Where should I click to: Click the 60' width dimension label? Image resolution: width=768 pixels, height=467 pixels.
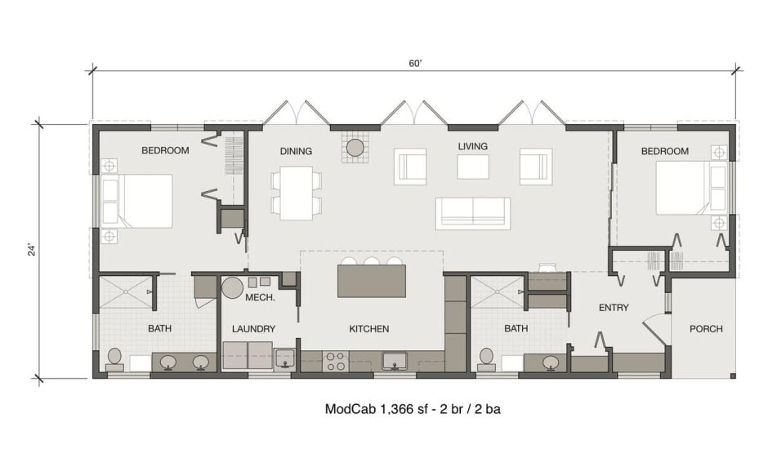click(415, 64)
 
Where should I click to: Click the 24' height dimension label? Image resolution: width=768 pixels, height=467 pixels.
click(33, 250)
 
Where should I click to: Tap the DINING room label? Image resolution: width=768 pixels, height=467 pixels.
click(296, 151)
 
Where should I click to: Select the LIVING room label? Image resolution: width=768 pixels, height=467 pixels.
click(473, 146)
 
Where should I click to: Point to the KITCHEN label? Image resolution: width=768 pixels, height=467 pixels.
click(368, 329)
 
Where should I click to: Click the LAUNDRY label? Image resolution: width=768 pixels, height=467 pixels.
click(253, 329)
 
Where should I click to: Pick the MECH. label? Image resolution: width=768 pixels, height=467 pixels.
click(260, 297)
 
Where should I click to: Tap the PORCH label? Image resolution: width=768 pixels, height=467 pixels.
click(706, 329)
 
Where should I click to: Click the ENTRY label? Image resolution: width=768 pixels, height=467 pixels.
click(614, 308)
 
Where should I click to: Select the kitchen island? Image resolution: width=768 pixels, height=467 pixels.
click(371, 281)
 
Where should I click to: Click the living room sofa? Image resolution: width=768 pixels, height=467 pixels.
click(473, 213)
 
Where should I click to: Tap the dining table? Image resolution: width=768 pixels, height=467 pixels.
click(297, 193)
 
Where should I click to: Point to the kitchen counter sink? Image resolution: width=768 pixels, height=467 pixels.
click(395, 362)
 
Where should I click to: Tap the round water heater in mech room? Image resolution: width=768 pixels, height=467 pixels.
click(232, 288)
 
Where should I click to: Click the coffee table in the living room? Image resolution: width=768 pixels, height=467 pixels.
click(473, 167)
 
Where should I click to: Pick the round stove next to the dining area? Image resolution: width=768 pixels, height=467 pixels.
click(355, 147)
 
